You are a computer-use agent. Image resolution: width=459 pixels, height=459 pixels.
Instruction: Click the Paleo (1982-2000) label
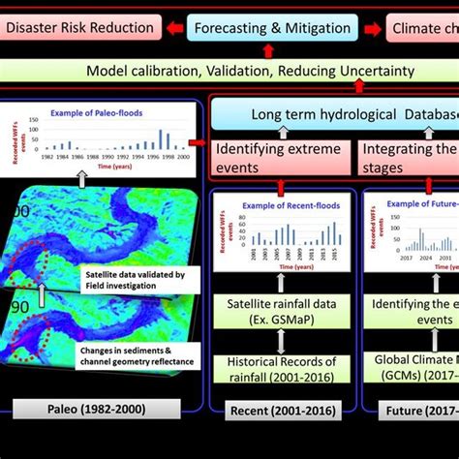click(98, 409)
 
